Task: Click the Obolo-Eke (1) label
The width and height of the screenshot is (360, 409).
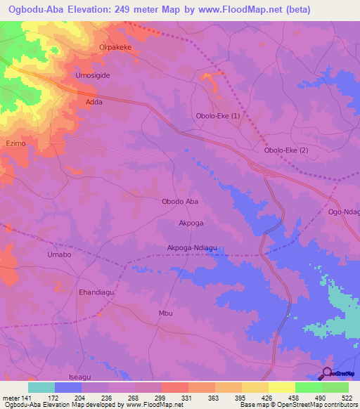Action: (x=217, y=116)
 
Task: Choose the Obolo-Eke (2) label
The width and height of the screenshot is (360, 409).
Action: (x=285, y=150)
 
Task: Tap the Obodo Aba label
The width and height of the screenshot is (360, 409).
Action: (x=181, y=201)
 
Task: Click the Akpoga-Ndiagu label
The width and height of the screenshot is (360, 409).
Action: (x=197, y=247)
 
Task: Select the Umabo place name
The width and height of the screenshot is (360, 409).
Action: (x=59, y=254)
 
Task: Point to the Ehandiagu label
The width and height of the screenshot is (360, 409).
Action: (x=96, y=292)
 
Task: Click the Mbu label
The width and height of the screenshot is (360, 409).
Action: (x=166, y=313)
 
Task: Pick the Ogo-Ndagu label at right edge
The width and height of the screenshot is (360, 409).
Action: (x=344, y=212)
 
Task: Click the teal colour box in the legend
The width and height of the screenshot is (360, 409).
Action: (x=41, y=387)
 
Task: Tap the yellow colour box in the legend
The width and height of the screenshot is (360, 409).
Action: (x=282, y=387)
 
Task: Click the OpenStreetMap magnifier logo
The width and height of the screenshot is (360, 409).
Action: (x=328, y=373)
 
